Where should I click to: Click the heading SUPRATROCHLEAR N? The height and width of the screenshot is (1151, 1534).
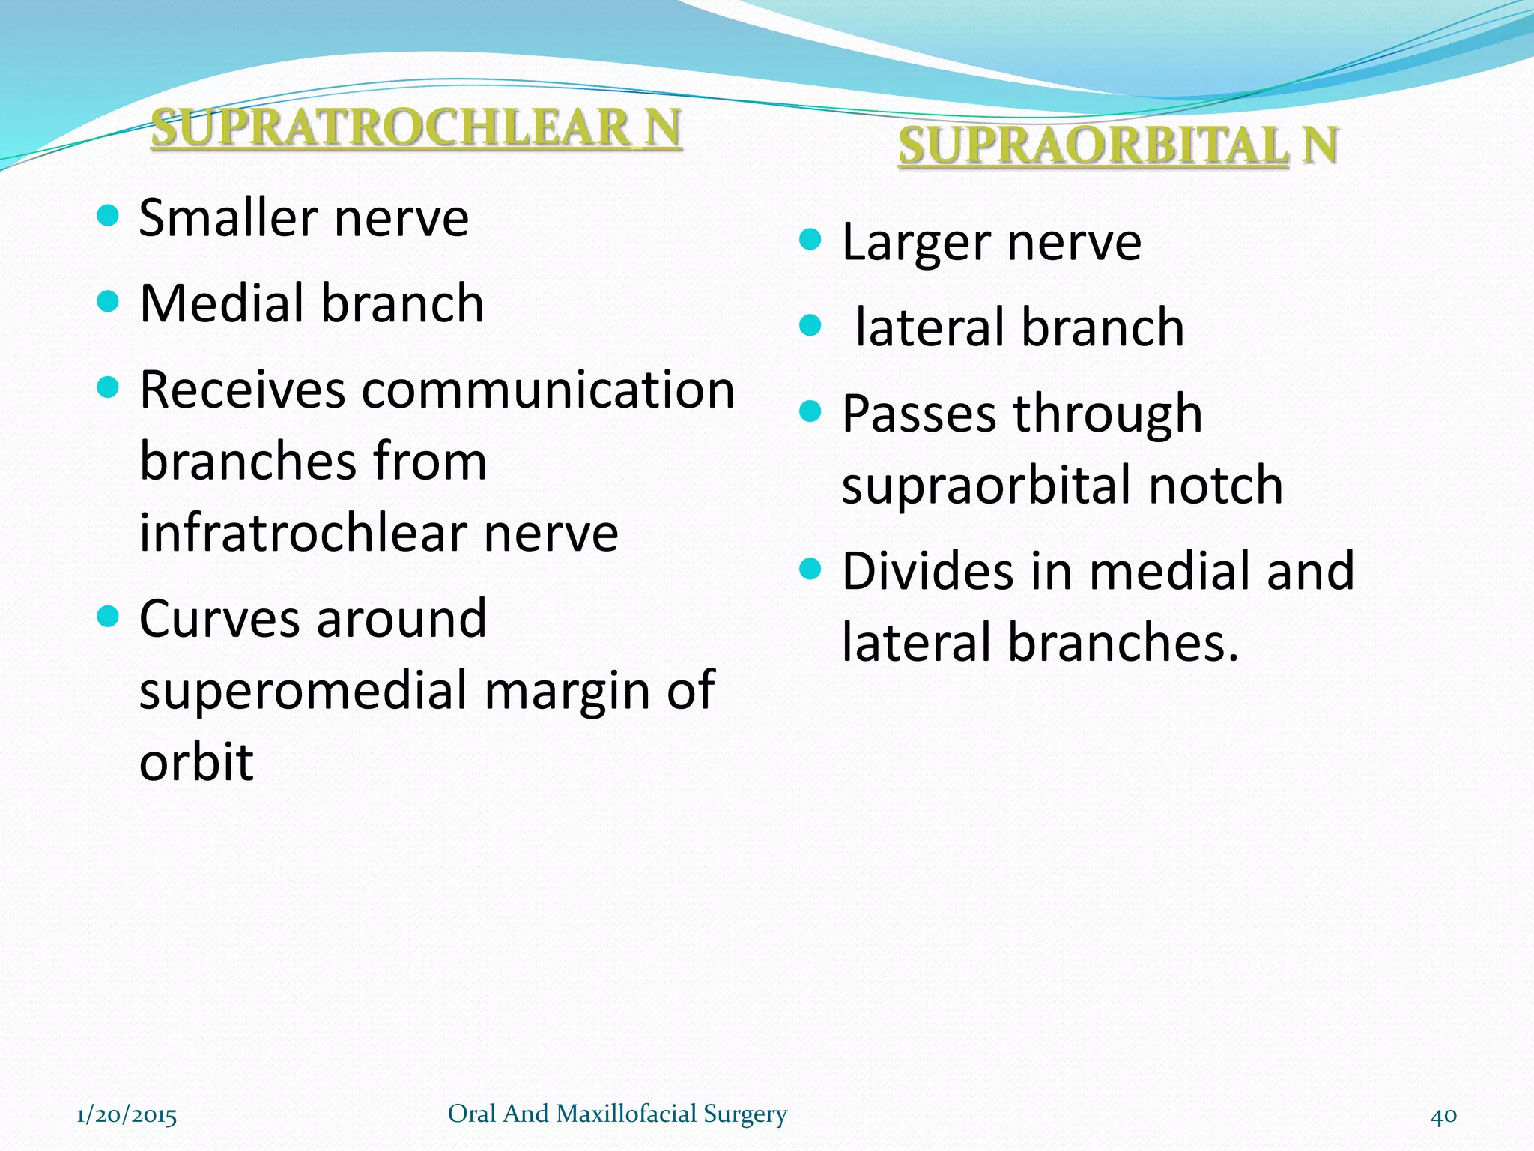click(416, 127)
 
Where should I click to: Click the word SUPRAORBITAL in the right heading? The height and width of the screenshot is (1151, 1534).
click(1093, 145)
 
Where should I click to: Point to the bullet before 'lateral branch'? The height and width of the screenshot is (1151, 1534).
click(810, 326)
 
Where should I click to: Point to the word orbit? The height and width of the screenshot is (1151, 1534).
click(196, 761)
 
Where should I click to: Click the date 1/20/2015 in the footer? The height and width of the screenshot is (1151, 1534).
click(127, 1115)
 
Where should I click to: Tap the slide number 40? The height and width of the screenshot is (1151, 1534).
click(1443, 1115)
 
